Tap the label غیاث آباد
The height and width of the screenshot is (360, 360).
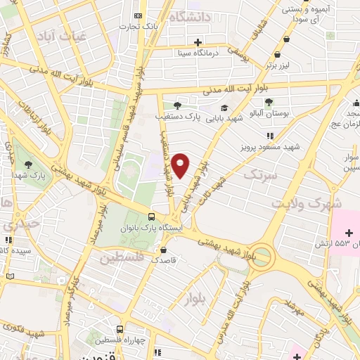tap(82, 35)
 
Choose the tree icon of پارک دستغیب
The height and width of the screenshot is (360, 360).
tap(185, 105)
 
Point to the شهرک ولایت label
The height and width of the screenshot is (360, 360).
tap(307, 203)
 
